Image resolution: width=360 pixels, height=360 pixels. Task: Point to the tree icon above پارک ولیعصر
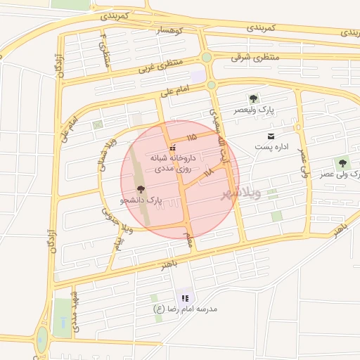[253, 98]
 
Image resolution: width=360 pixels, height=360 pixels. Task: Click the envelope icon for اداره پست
[270, 136]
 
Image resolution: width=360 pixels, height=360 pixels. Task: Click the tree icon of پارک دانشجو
[140, 188]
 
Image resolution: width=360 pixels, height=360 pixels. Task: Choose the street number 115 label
[191, 136]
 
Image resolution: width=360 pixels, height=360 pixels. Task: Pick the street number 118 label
[207, 172]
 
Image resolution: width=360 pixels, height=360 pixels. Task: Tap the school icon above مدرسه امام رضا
[185, 298]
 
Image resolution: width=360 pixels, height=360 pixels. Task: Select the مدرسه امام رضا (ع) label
[186, 309]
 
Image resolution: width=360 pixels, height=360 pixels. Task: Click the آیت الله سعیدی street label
[220, 129]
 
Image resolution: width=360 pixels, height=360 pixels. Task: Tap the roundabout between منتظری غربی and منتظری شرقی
[207, 58]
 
